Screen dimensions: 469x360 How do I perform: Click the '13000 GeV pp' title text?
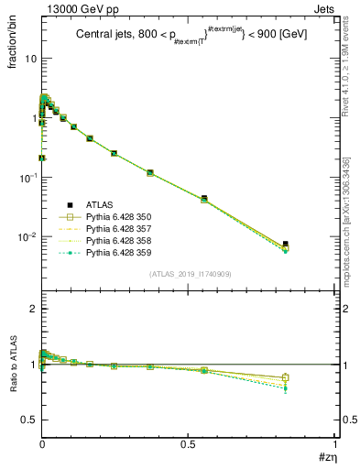(x=74, y=9)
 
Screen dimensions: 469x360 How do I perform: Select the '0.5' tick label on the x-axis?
(x=188, y=442)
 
